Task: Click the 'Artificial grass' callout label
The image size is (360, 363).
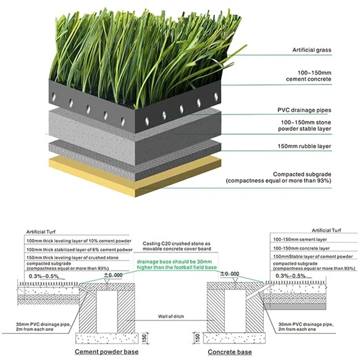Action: point(312,50)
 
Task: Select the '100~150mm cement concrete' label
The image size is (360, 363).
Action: point(309,76)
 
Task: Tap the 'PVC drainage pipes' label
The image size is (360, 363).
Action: point(304,110)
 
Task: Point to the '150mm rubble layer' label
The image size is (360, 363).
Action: point(304,146)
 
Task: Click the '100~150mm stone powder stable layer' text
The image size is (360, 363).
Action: point(304,125)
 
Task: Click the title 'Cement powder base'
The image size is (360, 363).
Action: point(106,352)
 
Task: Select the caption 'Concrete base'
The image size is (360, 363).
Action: point(230,352)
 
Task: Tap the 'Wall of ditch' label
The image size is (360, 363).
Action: point(171,316)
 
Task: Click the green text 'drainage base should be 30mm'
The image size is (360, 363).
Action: point(174,262)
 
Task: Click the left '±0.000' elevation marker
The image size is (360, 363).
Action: point(113,275)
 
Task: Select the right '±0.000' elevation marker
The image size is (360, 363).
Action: point(230,274)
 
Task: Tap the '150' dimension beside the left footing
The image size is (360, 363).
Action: point(144,338)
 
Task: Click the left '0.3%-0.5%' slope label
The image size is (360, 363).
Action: point(44,277)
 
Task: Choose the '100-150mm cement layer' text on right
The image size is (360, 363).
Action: point(300,240)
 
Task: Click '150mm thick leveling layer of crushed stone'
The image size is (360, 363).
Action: point(72,257)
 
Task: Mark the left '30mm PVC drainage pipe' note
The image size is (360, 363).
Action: point(43,327)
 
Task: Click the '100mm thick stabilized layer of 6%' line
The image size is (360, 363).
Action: point(80,250)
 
